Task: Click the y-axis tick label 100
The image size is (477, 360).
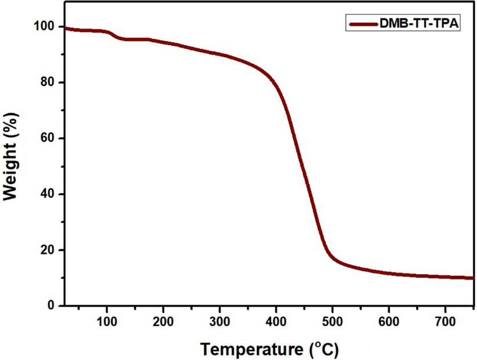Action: pos(46,27)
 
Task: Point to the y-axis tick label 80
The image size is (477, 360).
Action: pos(49,82)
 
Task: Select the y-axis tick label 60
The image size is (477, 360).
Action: pos(49,138)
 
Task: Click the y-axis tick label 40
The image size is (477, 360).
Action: pos(49,194)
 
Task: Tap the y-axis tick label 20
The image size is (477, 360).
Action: pos(49,250)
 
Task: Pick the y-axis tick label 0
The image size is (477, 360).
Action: pos(53,306)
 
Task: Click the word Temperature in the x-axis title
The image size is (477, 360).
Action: pos(251,350)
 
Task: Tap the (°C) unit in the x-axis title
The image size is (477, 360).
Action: pos(321,350)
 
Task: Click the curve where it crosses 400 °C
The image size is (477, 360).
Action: pos(276,86)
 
